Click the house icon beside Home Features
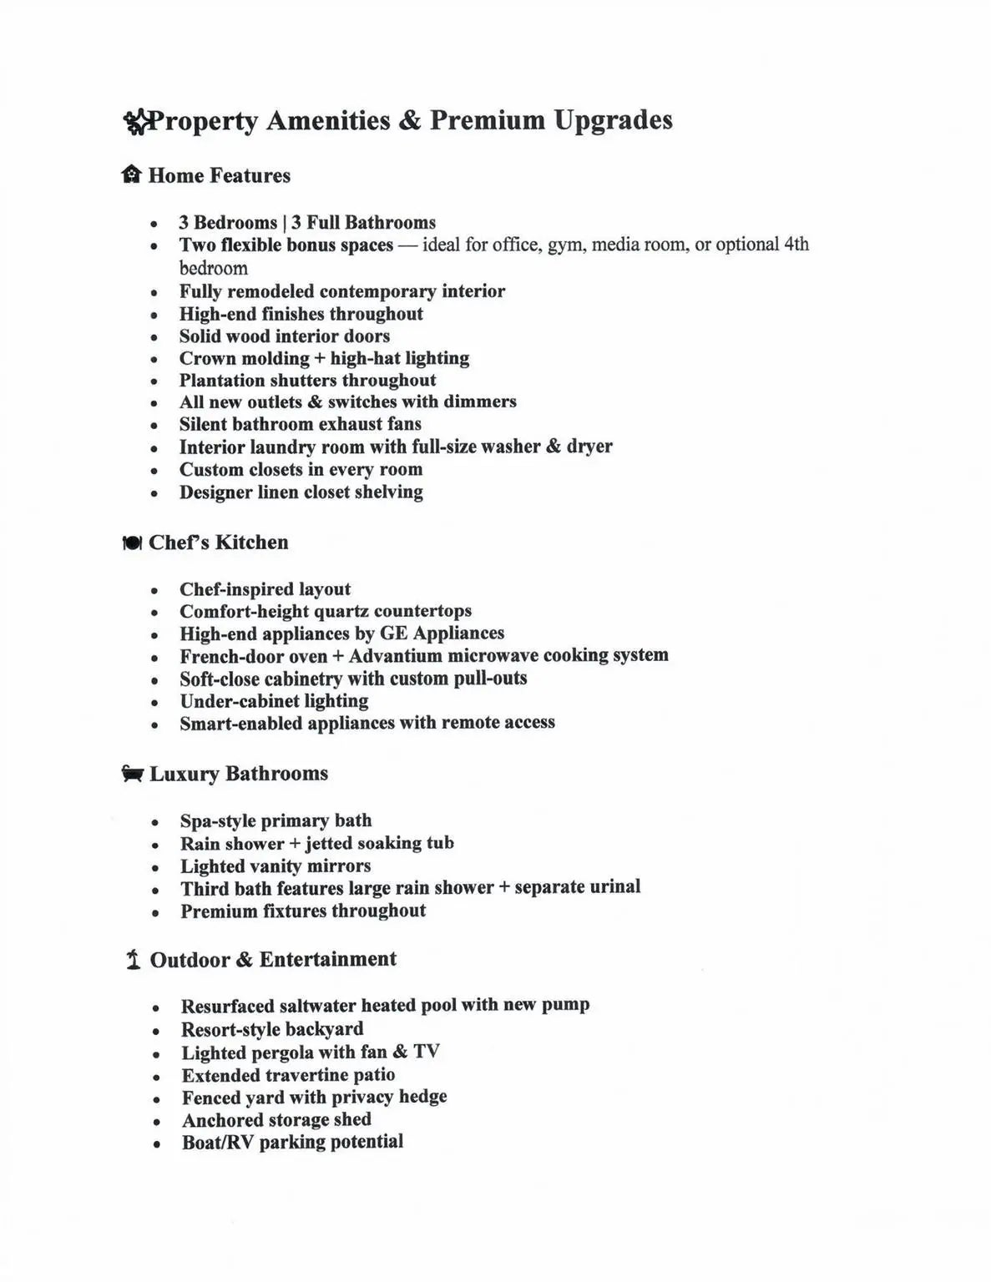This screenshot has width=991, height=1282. coord(131,174)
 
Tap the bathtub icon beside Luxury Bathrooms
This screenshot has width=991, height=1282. coord(132,773)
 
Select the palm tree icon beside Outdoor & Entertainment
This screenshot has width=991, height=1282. coord(133,960)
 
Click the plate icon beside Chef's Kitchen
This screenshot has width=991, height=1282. coord(132,543)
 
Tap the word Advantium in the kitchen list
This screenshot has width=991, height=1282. coord(395,655)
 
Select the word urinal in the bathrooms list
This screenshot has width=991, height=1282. coord(614,886)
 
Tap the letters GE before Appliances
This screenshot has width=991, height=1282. coord(393,633)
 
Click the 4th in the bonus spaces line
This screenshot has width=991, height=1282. coord(796,245)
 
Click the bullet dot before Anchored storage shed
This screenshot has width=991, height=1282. coord(156,1122)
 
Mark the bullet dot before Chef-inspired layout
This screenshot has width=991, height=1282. coord(154,591)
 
